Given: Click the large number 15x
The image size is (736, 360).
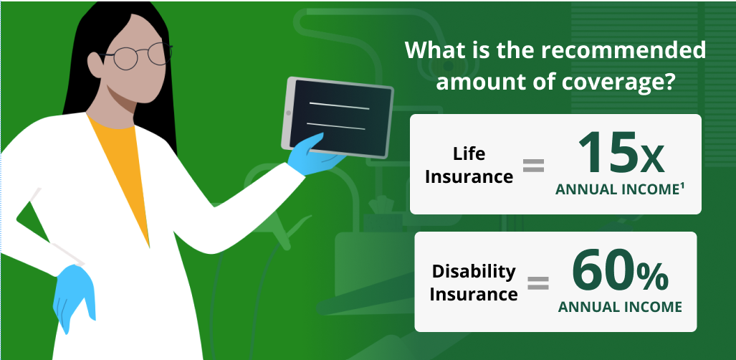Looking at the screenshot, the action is point(621,152).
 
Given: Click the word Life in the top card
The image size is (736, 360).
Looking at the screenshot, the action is point(469,153).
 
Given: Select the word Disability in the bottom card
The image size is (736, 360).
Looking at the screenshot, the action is point(474,271).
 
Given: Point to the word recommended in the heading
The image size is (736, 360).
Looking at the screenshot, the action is point(623,49).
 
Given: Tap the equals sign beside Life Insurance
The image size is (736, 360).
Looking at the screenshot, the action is point(534,165).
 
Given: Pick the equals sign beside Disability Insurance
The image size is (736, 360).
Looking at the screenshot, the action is point(538,283).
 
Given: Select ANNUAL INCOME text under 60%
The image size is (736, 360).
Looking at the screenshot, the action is point(620,307).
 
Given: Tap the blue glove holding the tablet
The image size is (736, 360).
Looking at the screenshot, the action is point(314,154).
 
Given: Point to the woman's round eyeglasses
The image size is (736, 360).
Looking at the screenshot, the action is point(136,55).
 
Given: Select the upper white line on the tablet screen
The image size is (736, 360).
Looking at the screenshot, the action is point(339,105).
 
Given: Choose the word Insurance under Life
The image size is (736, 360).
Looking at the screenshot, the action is point(469,176).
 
